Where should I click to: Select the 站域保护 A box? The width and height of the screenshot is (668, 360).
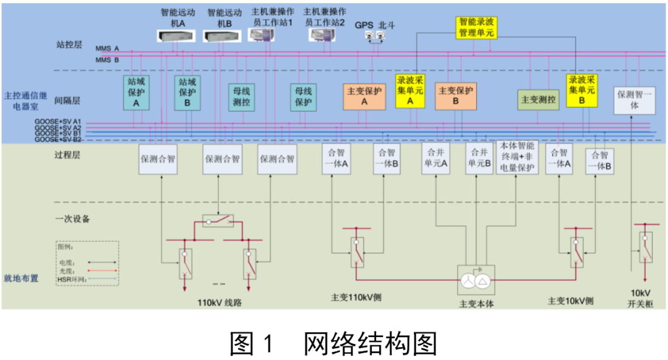click(x=137, y=93)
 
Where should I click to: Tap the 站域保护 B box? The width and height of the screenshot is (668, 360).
click(x=187, y=93)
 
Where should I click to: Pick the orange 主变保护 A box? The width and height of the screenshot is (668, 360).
click(x=364, y=96)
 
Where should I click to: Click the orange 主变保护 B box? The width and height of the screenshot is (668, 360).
click(x=456, y=96)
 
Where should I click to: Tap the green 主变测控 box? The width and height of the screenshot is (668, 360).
click(x=538, y=99)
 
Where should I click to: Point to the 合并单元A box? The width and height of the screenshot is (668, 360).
click(x=435, y=158)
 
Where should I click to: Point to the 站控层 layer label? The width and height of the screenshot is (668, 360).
click(x=69, y=45)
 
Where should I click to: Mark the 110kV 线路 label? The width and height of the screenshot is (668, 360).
click(x=220, y=301)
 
